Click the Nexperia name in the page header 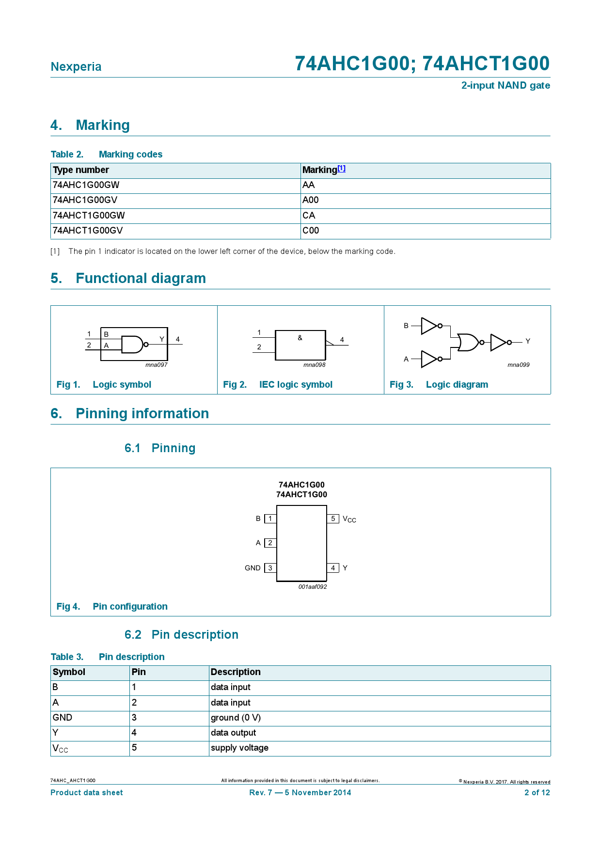(x=76, y=67)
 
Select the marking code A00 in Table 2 (x=311, y=200)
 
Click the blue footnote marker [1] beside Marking (x=342, y=169)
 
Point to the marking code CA (x=309, y=216)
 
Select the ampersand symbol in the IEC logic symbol (x=300, y=338)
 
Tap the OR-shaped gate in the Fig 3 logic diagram (x=468, y=342)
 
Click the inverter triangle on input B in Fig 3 (x=429, y=326)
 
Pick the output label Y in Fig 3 (x=528, y=341)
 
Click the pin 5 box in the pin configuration (x=333, y=519)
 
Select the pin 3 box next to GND (x=270, y=568)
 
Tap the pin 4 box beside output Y (x=333, y=568)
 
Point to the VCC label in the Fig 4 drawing (x=349, y=519)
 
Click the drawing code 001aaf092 (x=313, y=587)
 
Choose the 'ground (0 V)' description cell (x=236, y=718)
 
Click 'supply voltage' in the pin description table (x=239, y=748)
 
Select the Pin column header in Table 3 (x=139, y=672)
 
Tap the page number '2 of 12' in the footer (x=537, y=793)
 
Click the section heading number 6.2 (x=133, y=635)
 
